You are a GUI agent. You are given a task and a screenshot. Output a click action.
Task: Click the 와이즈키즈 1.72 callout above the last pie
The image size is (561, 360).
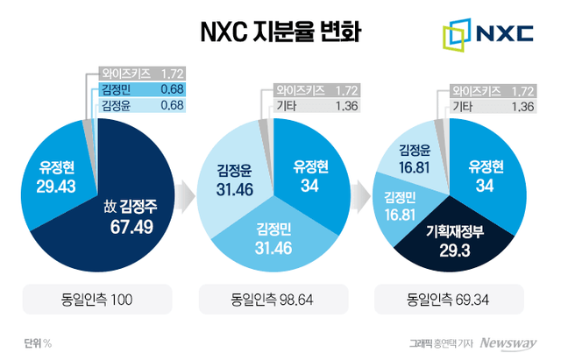click(492, 90)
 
